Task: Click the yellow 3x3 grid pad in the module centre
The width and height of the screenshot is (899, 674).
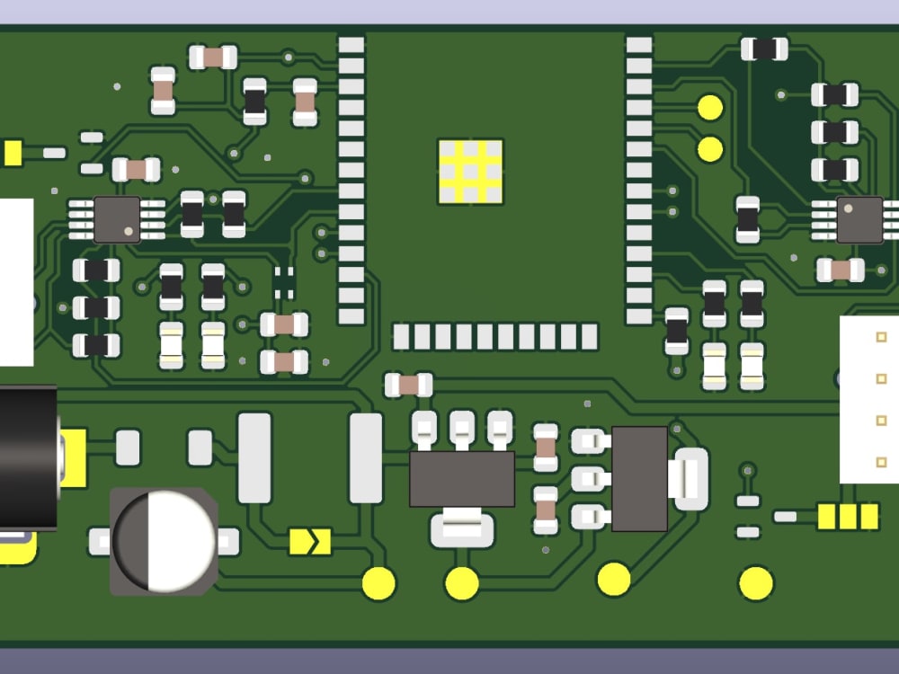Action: pyautogui.click(x=470, y=171)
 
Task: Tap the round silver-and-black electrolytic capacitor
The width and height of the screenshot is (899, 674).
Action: pyautogui.click(x=164, y=541)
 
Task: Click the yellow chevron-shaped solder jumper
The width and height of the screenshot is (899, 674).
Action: pyautogui.click(x=310, y=541)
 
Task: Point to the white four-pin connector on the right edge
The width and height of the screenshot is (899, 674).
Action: pyautogui.click(x=869, y=400)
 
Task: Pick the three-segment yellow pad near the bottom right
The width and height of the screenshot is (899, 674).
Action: pyautogui.click(x=848, y=516)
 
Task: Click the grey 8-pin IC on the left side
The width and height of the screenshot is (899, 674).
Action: pyautogui.click(x=117, y=219)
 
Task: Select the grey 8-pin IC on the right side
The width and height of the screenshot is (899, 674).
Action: pyautogui.click(x=859, y=220)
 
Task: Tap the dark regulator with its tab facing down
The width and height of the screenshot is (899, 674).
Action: pyautogui.click(x=462, y=479)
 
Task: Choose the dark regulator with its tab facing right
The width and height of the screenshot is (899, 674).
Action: pyautogui.click(x=640, y=479)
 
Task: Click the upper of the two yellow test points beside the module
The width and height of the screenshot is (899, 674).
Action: pyautogui.click(x=710, y=108)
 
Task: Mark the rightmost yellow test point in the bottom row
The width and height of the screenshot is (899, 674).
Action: pyautogui.click(x=756, y=584)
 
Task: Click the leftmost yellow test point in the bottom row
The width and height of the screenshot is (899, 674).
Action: pyautogui.click(x=378, y=584)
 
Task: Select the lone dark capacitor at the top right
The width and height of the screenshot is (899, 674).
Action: pyautogui.click(x=764, y=49)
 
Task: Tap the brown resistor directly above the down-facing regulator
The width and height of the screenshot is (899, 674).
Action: pyautogui.click(x=409, y=385)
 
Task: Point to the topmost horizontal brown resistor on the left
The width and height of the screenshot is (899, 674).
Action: pyautogui.click(x=213, y=58)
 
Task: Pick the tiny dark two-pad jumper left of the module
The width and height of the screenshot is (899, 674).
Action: pyautogui.click(x=284, y=281)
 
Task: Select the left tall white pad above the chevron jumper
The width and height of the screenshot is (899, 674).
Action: pyautogui.click(x=254, y=457)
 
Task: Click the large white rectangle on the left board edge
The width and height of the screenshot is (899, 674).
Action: pyautogui.click(x=16, y=281)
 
